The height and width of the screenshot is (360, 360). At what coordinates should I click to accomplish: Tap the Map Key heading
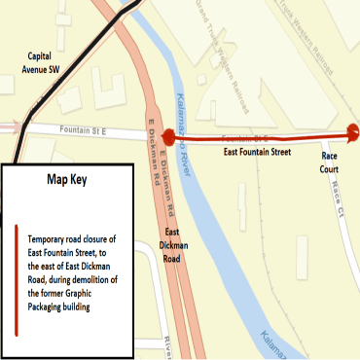click(67, 179)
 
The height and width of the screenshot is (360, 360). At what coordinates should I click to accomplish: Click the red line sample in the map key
click(18, 280)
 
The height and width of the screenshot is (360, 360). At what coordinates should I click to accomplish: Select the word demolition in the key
click(104, 278)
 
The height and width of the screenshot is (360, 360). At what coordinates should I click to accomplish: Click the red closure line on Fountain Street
click(263, 136)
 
